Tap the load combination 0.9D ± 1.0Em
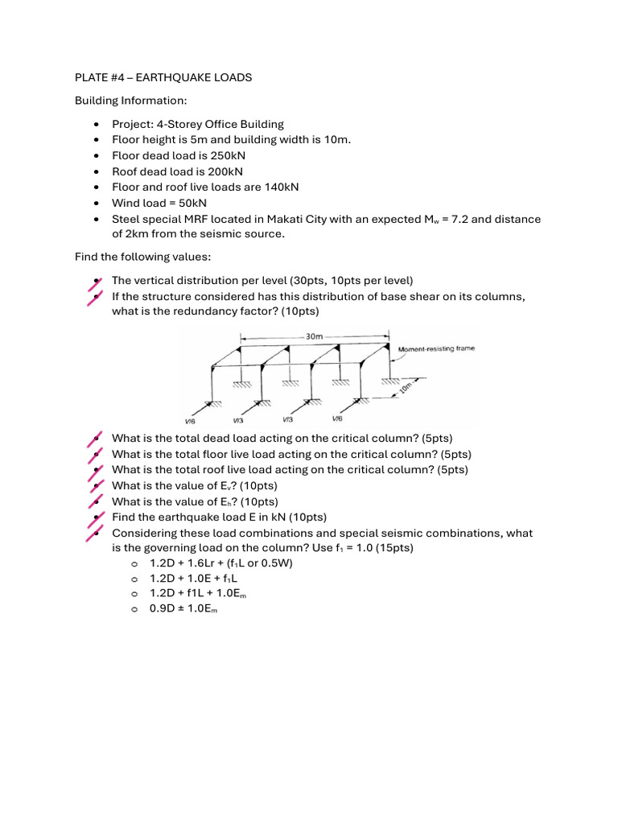[184, 610]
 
